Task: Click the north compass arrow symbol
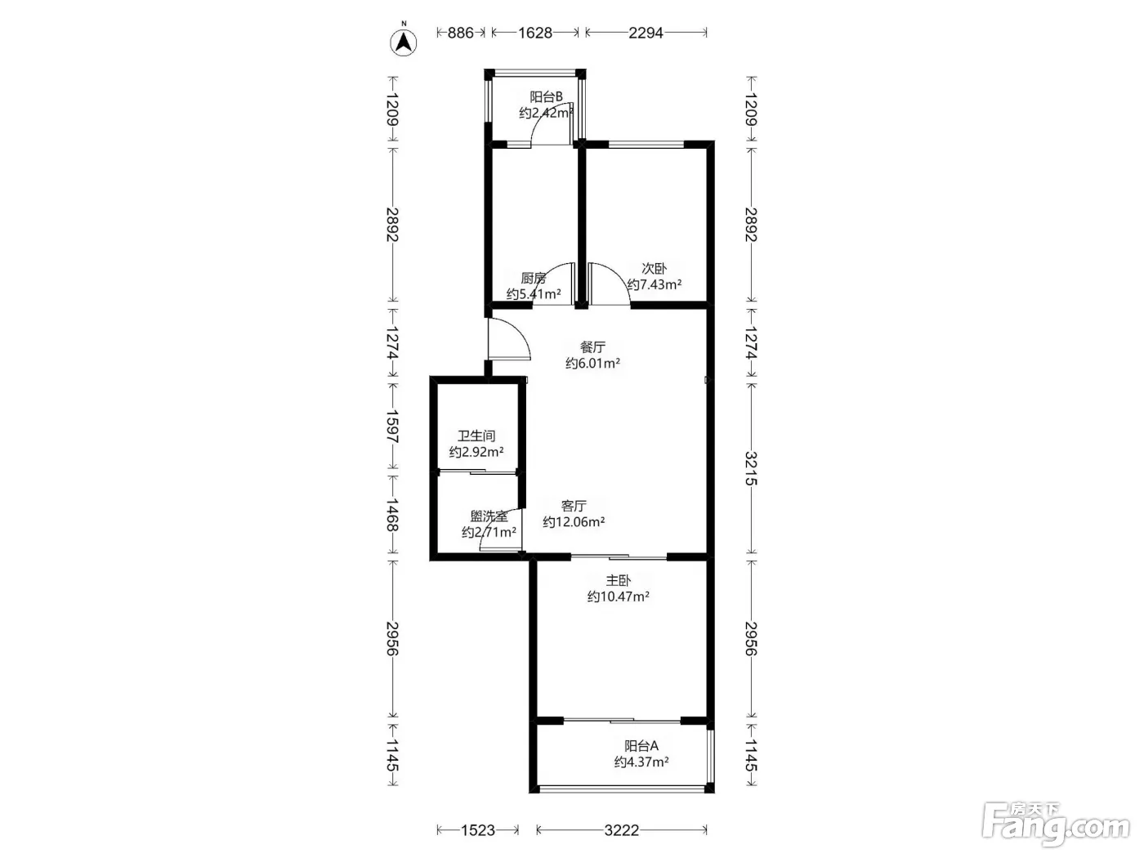(404, 42)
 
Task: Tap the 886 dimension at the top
(461, 33)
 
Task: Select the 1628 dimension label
(534, 33)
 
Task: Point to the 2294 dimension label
(646, 33)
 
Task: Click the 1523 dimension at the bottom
(477, 830)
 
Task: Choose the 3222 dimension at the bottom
(621, 830)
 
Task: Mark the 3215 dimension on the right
(750, 469)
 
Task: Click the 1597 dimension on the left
(392, 427)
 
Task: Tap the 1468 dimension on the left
(392, 515)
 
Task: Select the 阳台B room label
(546, 97)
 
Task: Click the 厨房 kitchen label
(533, 278)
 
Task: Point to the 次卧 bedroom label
(654, 269)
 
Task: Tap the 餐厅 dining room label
(592, 347)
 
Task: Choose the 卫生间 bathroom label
(476, 436)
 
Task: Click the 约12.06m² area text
(574, 522)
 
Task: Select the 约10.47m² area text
(618, 597)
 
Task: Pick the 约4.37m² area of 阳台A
(641, 762)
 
